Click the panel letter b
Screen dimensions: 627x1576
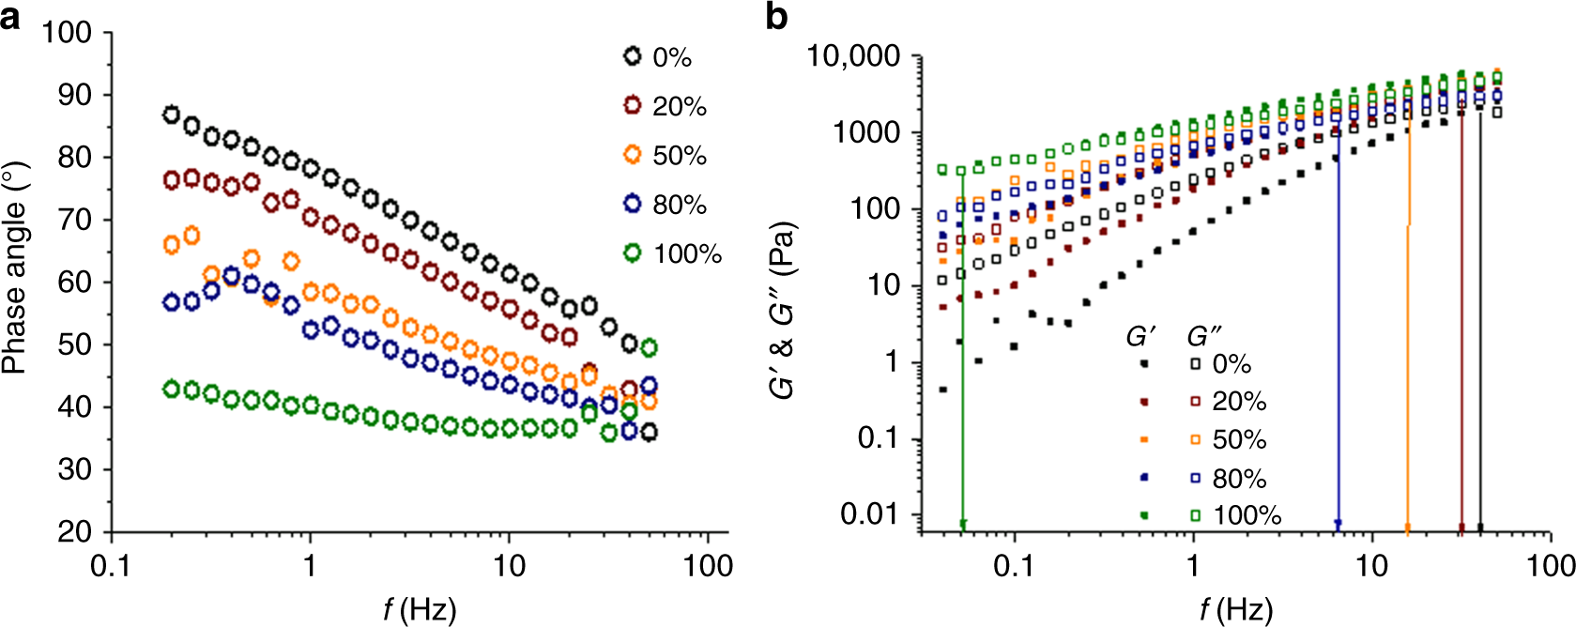[x=776, y=16]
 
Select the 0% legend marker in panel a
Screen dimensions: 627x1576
[x=633, y=56]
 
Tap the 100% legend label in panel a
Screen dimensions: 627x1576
[x=687, y=254]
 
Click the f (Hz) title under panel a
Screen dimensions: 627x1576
[x=419, y=610]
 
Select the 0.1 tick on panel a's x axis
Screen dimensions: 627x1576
[x=112, y=565]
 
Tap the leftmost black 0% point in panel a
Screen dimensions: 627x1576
[x=171, y=115]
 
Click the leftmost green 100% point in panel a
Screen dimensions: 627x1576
[x=171, y=389]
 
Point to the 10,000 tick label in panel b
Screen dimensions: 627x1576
[x=853, y=56]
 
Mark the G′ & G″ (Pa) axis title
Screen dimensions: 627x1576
[x=785, y=310]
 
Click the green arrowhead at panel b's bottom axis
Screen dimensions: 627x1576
[x=962, y=524]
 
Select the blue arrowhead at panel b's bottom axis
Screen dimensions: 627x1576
[x=1338, y=524]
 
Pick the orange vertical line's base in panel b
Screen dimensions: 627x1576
[x=1406, y=527]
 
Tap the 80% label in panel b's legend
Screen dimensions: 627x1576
[x=1239, y=479]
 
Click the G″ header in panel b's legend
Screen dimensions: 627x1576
[x=1203, y=336]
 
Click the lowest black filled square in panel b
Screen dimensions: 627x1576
[x=942, y=389]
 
